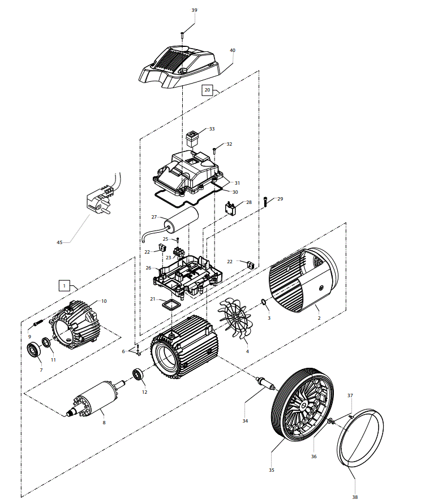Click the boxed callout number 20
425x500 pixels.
(x=207, y=90)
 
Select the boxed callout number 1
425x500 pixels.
(x=64, y=286)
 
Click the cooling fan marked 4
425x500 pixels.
(x=234, y=318)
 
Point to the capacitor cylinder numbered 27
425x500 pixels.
(x=181, y=220)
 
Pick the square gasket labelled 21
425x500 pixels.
(x=171, y=305)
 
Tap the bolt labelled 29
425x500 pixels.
(x=265, y=202)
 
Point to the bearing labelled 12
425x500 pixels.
(x=138, y=374)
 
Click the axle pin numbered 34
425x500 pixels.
(x=265, y=383)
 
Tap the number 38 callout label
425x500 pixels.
(x=355, y=497)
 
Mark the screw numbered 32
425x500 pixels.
(x=214, y=150)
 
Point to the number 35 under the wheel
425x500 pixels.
(x=272, y=470)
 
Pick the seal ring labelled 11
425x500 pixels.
(x=46, y=343)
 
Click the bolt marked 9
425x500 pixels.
(x=38, y=323)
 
